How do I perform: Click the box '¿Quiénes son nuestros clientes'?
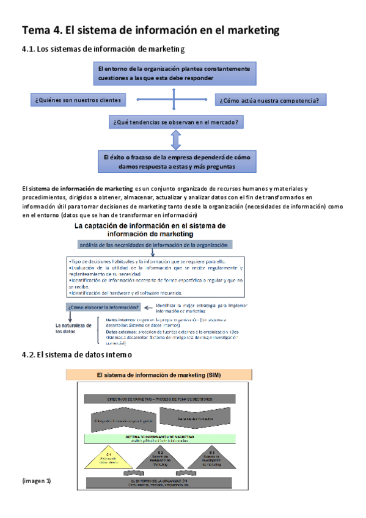click(x=78, y=100)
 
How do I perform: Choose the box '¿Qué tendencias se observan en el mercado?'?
click(x=175, y=122)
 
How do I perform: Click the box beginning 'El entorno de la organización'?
click(x=175, y=73)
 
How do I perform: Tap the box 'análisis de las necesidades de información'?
click(x=148, y=245)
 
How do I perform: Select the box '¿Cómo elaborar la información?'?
click(x=104, y=307)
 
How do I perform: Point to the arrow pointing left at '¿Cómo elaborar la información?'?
click(x=151, y=307)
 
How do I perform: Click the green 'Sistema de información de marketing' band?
click(x=162, y=439)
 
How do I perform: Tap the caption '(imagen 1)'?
click(x=35, y=481)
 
